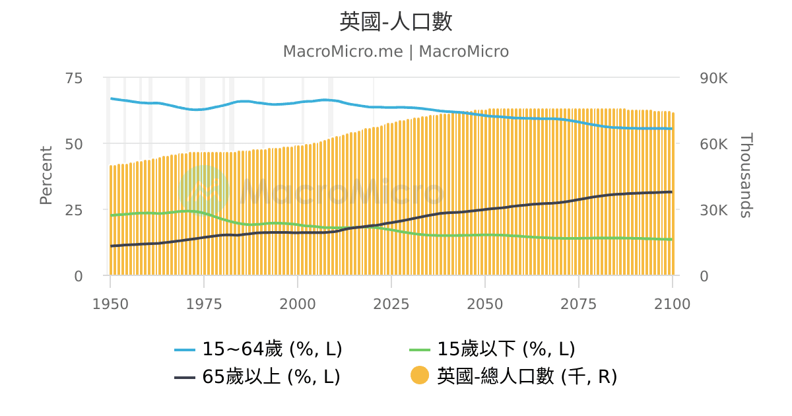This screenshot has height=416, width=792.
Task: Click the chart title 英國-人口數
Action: point(396,22)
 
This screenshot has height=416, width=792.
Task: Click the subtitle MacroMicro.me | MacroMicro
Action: point(396,52)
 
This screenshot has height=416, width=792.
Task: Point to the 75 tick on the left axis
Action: point(75,78)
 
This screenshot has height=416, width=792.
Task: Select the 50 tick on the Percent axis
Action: point(75,144)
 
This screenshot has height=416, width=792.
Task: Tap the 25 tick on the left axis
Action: point(75,210)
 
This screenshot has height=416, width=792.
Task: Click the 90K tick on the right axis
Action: point(713,78)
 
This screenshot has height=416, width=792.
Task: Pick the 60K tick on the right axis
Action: point(713,144)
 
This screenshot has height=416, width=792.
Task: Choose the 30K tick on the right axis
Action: point(713,210)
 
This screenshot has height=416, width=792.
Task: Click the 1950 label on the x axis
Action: point(110,304)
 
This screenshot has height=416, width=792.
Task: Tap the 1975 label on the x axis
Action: point(204,304)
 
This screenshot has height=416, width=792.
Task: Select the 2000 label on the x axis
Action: point(298,304)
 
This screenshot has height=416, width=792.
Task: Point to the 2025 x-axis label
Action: point(391,304)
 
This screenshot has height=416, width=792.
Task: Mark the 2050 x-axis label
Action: point(485,304)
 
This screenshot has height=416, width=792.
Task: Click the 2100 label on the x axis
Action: point(672,304)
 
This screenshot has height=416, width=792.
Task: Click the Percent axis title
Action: point(46,176)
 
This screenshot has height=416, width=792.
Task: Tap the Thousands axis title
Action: point(745,176)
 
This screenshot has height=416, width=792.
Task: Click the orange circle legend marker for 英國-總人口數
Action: point(419,376)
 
